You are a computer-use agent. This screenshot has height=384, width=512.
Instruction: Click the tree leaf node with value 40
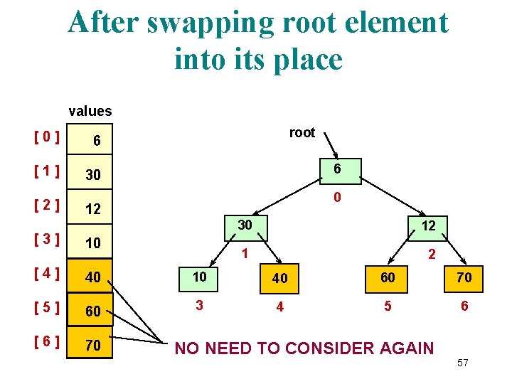coord(280,277)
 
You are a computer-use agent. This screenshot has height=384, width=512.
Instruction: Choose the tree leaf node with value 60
coord(387,277)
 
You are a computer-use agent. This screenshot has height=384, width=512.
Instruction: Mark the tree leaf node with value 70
coord(464,277)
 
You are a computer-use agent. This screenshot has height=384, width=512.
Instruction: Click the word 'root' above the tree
coord(302,132)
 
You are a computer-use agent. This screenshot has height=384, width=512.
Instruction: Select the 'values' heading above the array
coord(90,111)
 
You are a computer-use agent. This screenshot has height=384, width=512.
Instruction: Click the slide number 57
coord(463,363)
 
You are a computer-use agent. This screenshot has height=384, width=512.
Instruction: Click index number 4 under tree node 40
coord(280,308)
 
